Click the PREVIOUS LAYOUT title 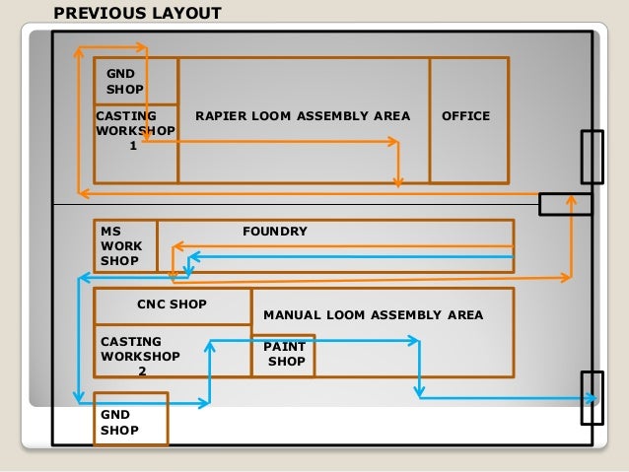tap(137, 14)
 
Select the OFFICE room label tap(465, 116)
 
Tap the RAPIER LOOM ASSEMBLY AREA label tap(303, 116)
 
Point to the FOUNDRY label tap(275, 232)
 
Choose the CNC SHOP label tap(172, 304)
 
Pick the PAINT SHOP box tap(283, 355)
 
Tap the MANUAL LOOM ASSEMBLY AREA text tap(374, 315)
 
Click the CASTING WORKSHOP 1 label tap(135, 130)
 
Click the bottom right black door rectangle tap(592, 397)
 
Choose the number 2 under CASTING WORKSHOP tap(142, 372)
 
